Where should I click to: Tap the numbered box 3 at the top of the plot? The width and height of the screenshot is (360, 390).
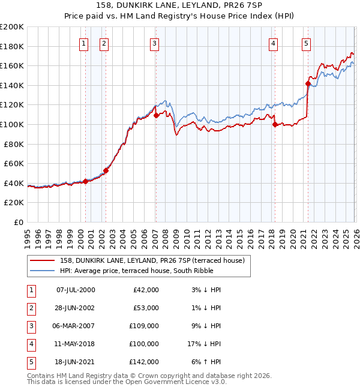[x=155, y=43]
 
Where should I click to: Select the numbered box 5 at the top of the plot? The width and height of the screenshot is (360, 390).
[x=307, y=43]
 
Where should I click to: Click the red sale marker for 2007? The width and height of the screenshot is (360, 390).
[x=156, y=115]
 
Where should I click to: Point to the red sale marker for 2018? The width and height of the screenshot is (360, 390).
[x=275, y=124]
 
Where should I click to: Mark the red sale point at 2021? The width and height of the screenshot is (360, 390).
[x=308, y=83]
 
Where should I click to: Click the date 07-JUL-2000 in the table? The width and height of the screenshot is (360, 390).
[x=76, y=290]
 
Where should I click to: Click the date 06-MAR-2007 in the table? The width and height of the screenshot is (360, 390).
[x=76, y=326]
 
